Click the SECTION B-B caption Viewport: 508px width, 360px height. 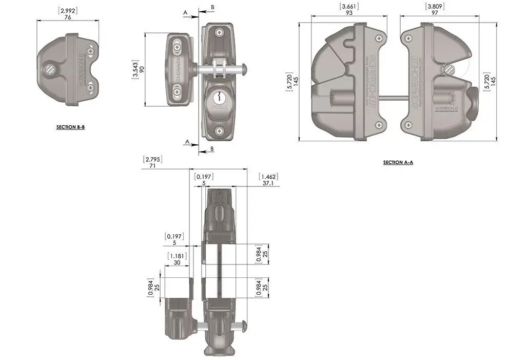(70, 126)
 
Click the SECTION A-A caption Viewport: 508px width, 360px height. (398, 162)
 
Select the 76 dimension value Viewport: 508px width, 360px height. (68, 17)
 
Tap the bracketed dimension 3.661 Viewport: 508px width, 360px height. (349, 7)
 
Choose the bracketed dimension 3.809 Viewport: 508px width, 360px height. (434, 7)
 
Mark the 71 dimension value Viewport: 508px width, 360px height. (152, 166)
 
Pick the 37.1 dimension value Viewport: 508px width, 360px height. (268, 183)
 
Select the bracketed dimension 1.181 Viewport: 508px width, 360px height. (176, 255)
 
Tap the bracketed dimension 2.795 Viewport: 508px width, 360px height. (152, 159)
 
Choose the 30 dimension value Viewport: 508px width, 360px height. (176, 262)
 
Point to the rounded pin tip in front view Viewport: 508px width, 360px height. (247, 68)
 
